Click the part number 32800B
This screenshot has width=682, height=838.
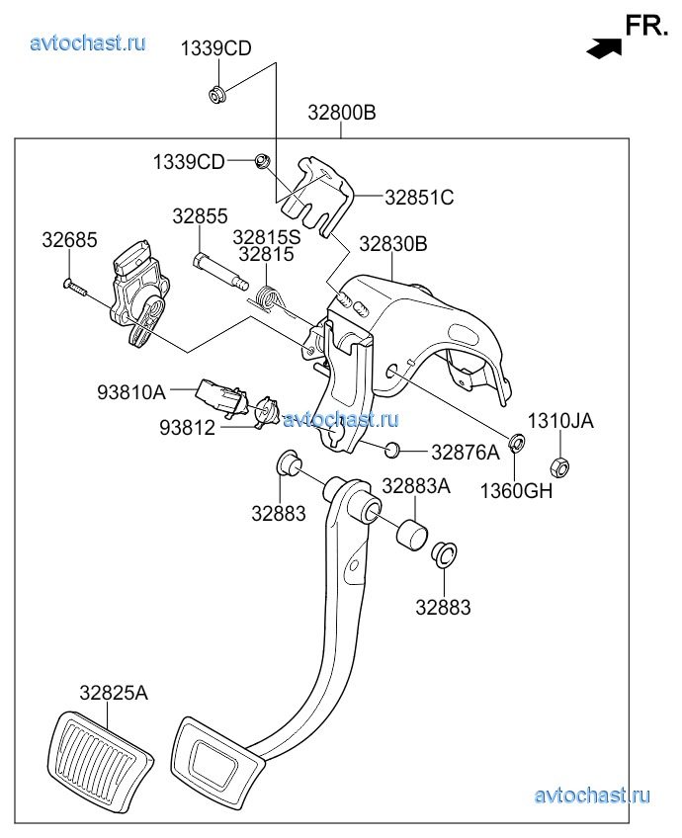coord(341,114)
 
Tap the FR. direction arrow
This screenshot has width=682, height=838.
coord(603,45)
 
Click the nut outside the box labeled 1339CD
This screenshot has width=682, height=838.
coord(217,94)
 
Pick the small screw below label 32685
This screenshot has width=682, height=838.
coord(74,287)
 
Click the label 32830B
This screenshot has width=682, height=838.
coord(392,243)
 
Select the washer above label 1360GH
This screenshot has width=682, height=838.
coord(516,442)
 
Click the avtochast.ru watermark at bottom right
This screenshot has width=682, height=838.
coord(591,796)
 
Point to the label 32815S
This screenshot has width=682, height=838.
coord(266,237)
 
